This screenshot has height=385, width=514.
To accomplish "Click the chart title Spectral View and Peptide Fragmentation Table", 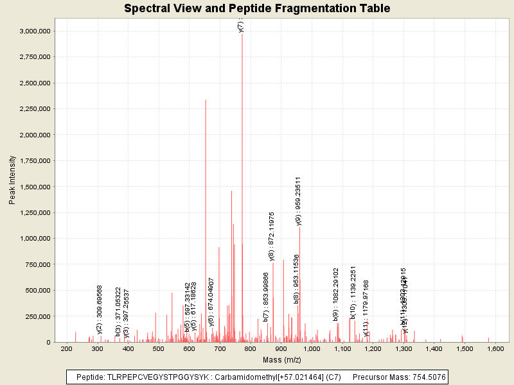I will click(257, 8).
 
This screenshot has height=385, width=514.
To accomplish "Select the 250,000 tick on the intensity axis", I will click(37, 316).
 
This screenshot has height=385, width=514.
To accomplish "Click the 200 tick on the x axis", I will click(66, 348).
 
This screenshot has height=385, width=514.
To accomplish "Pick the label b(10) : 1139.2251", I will click(353, 292).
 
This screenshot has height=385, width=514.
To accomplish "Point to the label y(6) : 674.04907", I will click(211, 302).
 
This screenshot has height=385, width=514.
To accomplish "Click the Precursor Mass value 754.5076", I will click(425, 377).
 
